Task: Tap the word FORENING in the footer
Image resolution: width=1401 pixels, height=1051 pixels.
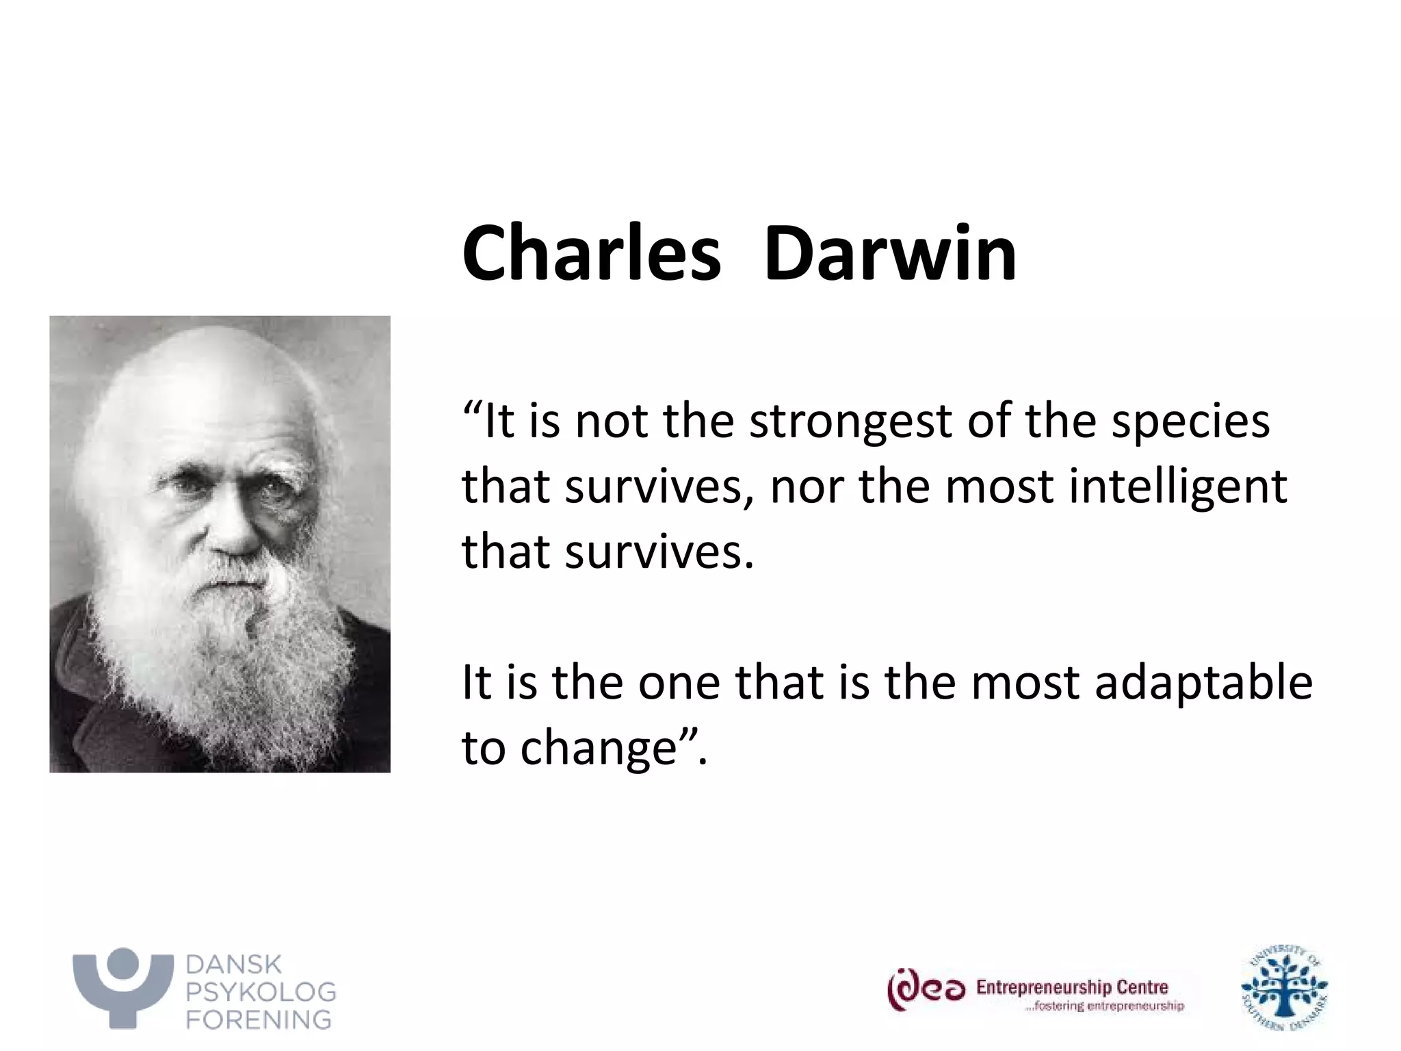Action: tap(259, 1020)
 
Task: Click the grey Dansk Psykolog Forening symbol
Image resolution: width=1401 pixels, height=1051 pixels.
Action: tap(123, 985)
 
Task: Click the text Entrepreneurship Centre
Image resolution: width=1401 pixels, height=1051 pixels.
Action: tap(1071, 987)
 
